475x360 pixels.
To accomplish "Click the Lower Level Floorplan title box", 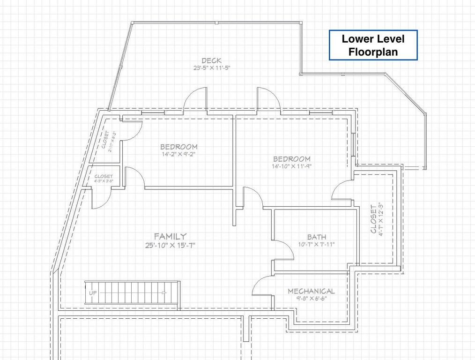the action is pyautogui.click(x=373, y=45).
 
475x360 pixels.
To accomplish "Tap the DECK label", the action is pyautogui.click(x=211, y=60).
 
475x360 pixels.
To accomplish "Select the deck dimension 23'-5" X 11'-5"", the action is pyautogui.click(x=212, y=68).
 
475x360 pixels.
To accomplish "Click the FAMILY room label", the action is pyautogui.click(x=170, y=236).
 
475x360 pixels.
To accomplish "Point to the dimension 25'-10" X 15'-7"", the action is pyautogui.click(x=170, y=245).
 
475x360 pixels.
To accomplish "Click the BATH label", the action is pyautogui.click(x=317, y=237).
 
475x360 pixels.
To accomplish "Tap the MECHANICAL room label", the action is pyautogui.click(x=311, y=291).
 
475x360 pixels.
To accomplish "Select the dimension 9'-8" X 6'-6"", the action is pyautogui.click(x=311, y=299).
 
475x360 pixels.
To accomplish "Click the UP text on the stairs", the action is pyautogui.click(x=93, y=292).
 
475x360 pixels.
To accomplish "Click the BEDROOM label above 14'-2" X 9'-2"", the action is pyautogui.click(x=179, y=147).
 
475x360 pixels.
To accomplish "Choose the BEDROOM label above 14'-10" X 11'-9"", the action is pyautogui.click(x=292, y=159).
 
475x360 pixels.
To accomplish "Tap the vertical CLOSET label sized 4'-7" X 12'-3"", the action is pyautogui.click(x=373, y=219).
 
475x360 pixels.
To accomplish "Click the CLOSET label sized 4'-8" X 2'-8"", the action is pyautogui.click(x=104, y=176).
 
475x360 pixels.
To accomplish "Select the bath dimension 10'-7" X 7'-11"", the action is pyautogui.click(x=317, y=244).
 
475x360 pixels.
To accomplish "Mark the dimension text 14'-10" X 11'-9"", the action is pyautogui.click(x=292, y=166).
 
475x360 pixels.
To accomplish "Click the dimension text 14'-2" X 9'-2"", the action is pyautogui.click(x=179, y=154).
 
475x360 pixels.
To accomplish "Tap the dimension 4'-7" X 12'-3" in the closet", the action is pyautogui.click(x=381, y=219).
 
